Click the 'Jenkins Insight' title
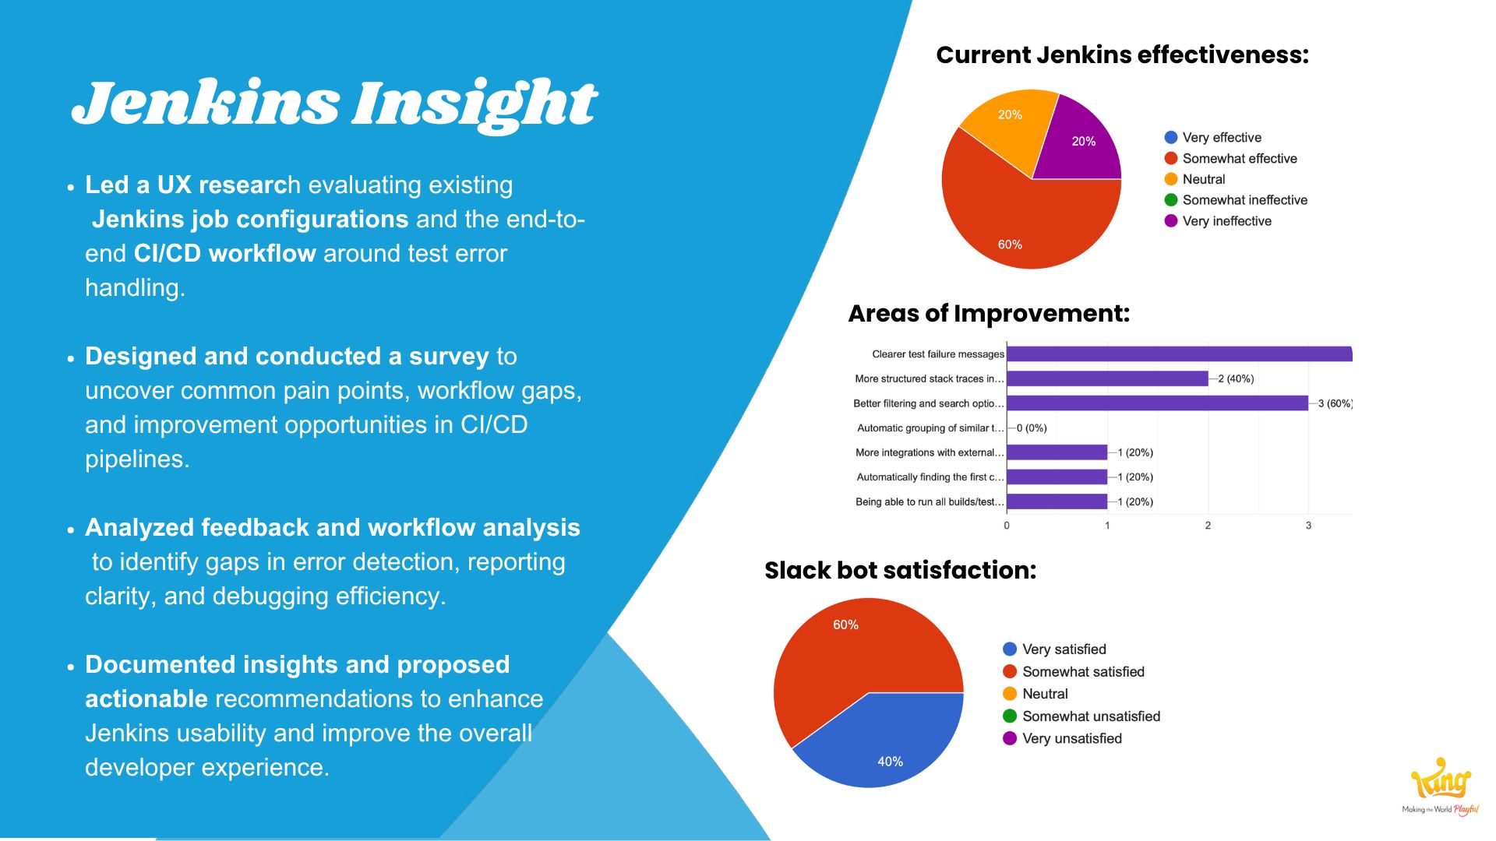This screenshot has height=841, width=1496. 334,104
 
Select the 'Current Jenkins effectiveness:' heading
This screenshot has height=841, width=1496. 1122,55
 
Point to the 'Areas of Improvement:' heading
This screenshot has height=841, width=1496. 989,313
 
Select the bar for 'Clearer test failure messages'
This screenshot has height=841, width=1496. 1180,354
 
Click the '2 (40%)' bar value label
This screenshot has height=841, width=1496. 1236,379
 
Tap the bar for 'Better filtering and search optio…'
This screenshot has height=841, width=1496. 1157,403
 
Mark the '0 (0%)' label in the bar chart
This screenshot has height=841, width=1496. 1032,428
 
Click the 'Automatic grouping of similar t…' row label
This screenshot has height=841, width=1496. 930,428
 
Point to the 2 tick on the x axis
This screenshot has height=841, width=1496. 1208,526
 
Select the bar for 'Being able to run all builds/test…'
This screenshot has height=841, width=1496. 1057,501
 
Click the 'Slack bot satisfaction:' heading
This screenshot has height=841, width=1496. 900,570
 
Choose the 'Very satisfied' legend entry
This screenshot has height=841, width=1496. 1054,649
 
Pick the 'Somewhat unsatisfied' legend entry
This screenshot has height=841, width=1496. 1081,716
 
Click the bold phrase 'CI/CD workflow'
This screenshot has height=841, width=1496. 224,254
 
